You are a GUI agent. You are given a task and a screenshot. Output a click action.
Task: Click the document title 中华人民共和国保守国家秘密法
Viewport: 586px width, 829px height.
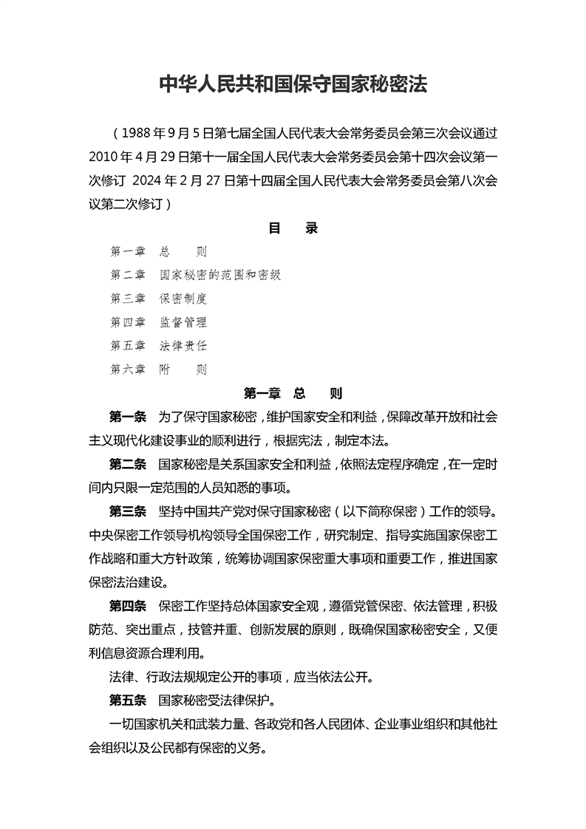click(293, 83)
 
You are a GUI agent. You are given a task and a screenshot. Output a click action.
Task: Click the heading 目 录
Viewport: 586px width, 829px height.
click(293, 228)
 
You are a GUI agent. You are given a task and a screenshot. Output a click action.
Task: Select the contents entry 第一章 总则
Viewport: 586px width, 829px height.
click(158, 252)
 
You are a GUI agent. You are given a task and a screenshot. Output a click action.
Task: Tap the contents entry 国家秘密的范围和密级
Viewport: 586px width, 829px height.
click(220, 275)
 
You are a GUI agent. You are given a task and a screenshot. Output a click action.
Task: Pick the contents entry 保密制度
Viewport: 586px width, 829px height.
click(183, 298)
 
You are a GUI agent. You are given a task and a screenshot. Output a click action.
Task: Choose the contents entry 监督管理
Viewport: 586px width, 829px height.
click(183, 322)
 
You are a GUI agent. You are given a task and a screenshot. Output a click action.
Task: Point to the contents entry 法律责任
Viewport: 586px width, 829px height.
click(183, 346)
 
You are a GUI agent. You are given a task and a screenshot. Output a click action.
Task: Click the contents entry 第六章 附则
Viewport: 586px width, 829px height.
click(158, 369)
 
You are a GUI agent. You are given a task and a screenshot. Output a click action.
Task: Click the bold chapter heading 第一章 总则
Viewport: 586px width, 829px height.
click(293, 393)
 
